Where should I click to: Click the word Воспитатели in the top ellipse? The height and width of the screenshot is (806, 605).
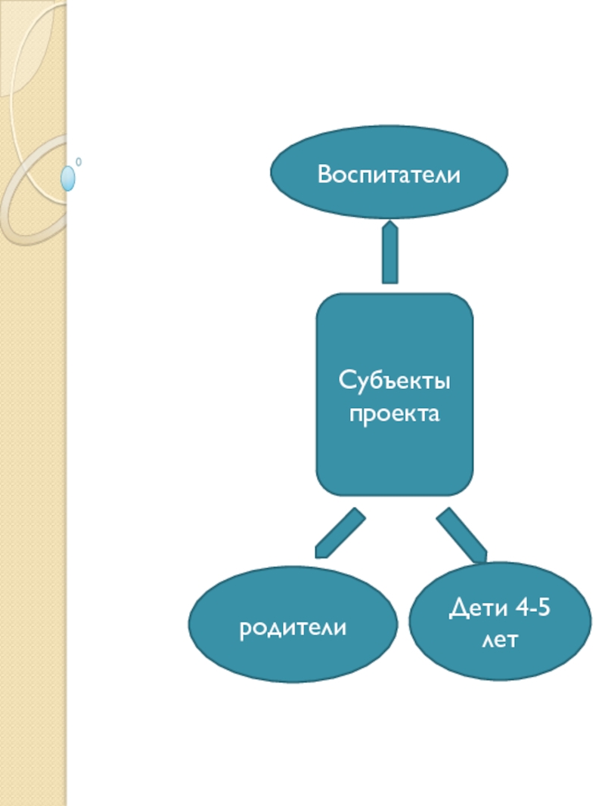point(389,175)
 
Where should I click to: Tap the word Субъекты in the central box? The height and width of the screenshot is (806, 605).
point(394,380)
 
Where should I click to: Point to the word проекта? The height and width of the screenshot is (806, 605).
point(394,414)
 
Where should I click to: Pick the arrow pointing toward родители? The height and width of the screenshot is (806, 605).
point(340,533)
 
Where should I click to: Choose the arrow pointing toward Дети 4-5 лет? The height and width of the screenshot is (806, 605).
point(461,535)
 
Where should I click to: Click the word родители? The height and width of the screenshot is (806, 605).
point(293,628)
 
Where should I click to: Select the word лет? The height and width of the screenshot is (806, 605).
point(499,641)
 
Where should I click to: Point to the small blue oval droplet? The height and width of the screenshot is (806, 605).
point(68,178)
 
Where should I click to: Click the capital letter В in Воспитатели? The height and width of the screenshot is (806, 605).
point(324,175)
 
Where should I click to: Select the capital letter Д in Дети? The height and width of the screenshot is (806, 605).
point(458,607)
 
